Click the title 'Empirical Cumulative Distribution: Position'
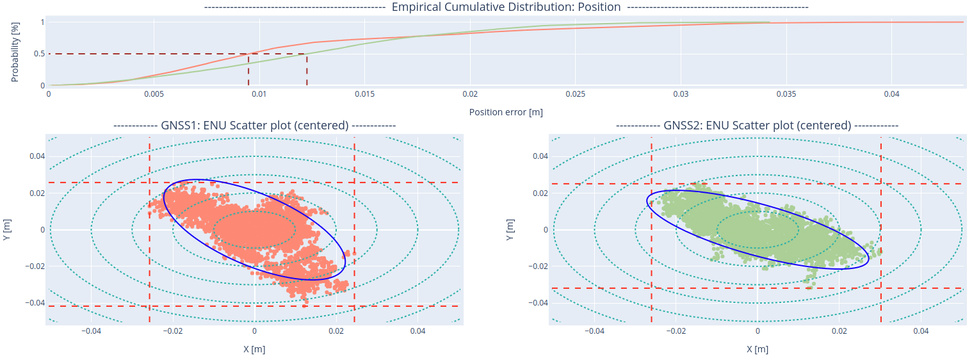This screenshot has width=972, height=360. [x=506, y=7]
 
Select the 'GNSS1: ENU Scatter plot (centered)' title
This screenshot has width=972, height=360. [x=254, y=126]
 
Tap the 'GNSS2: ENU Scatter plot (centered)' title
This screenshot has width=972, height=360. [x=757, y=126]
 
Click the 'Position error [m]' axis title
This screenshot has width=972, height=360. [x=506, y=112]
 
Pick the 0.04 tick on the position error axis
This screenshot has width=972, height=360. [x=891, y=94]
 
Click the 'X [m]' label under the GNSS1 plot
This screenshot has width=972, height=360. [x=254, y=349]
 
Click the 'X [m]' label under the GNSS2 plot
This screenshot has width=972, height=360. [x=757, y=349]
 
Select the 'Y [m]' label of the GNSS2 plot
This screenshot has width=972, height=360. [x=510, y=229]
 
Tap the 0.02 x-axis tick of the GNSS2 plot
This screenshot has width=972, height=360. [x=839, y=331]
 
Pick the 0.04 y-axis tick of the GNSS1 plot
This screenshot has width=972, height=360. [x=36, y=156]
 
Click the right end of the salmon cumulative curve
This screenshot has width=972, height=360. [x=963, y=22]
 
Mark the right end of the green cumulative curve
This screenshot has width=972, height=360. [x=769, y=22]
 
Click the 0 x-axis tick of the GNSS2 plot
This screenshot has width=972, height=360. [x=757, y=331]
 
